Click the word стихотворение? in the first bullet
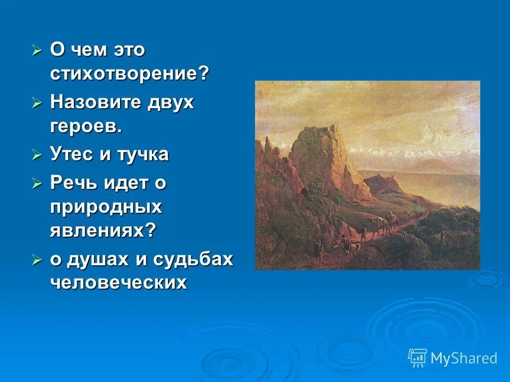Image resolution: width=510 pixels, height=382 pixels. (130, 74)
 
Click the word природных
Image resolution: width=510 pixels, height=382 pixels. (106, 207)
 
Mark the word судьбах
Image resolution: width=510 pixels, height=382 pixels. (193, 259)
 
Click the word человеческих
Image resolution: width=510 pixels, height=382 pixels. (118, 283)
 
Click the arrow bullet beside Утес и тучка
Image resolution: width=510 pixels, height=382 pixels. (37, 155)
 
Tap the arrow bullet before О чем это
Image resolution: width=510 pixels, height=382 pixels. (37, 50)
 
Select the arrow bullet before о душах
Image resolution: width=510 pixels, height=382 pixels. (37, 260)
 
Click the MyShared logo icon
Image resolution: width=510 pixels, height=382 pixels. (418, 358)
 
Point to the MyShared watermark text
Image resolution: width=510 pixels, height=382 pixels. (464, 359)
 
